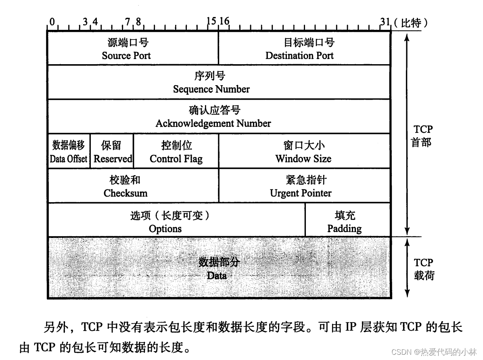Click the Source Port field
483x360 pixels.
pos(126,49)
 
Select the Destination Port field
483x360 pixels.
pos(300,49)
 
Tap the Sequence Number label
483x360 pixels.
pos(211,89)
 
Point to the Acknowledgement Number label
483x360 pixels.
pos(213,123)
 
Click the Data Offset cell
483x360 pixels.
pos(68,152)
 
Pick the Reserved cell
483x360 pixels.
pos(112,152)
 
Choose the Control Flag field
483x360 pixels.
pos(176,152)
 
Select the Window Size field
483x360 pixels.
pos(303,152)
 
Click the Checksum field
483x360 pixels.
pos(125,186)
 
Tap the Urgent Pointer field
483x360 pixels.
pos(301,186)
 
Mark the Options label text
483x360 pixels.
pos(165,229)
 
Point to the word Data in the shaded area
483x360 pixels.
pos(217,276)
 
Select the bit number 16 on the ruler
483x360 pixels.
pos(224,22)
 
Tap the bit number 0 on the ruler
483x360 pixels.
pos(52,22)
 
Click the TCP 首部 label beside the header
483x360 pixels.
pos(422,136)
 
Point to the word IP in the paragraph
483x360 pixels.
pos(349,328)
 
